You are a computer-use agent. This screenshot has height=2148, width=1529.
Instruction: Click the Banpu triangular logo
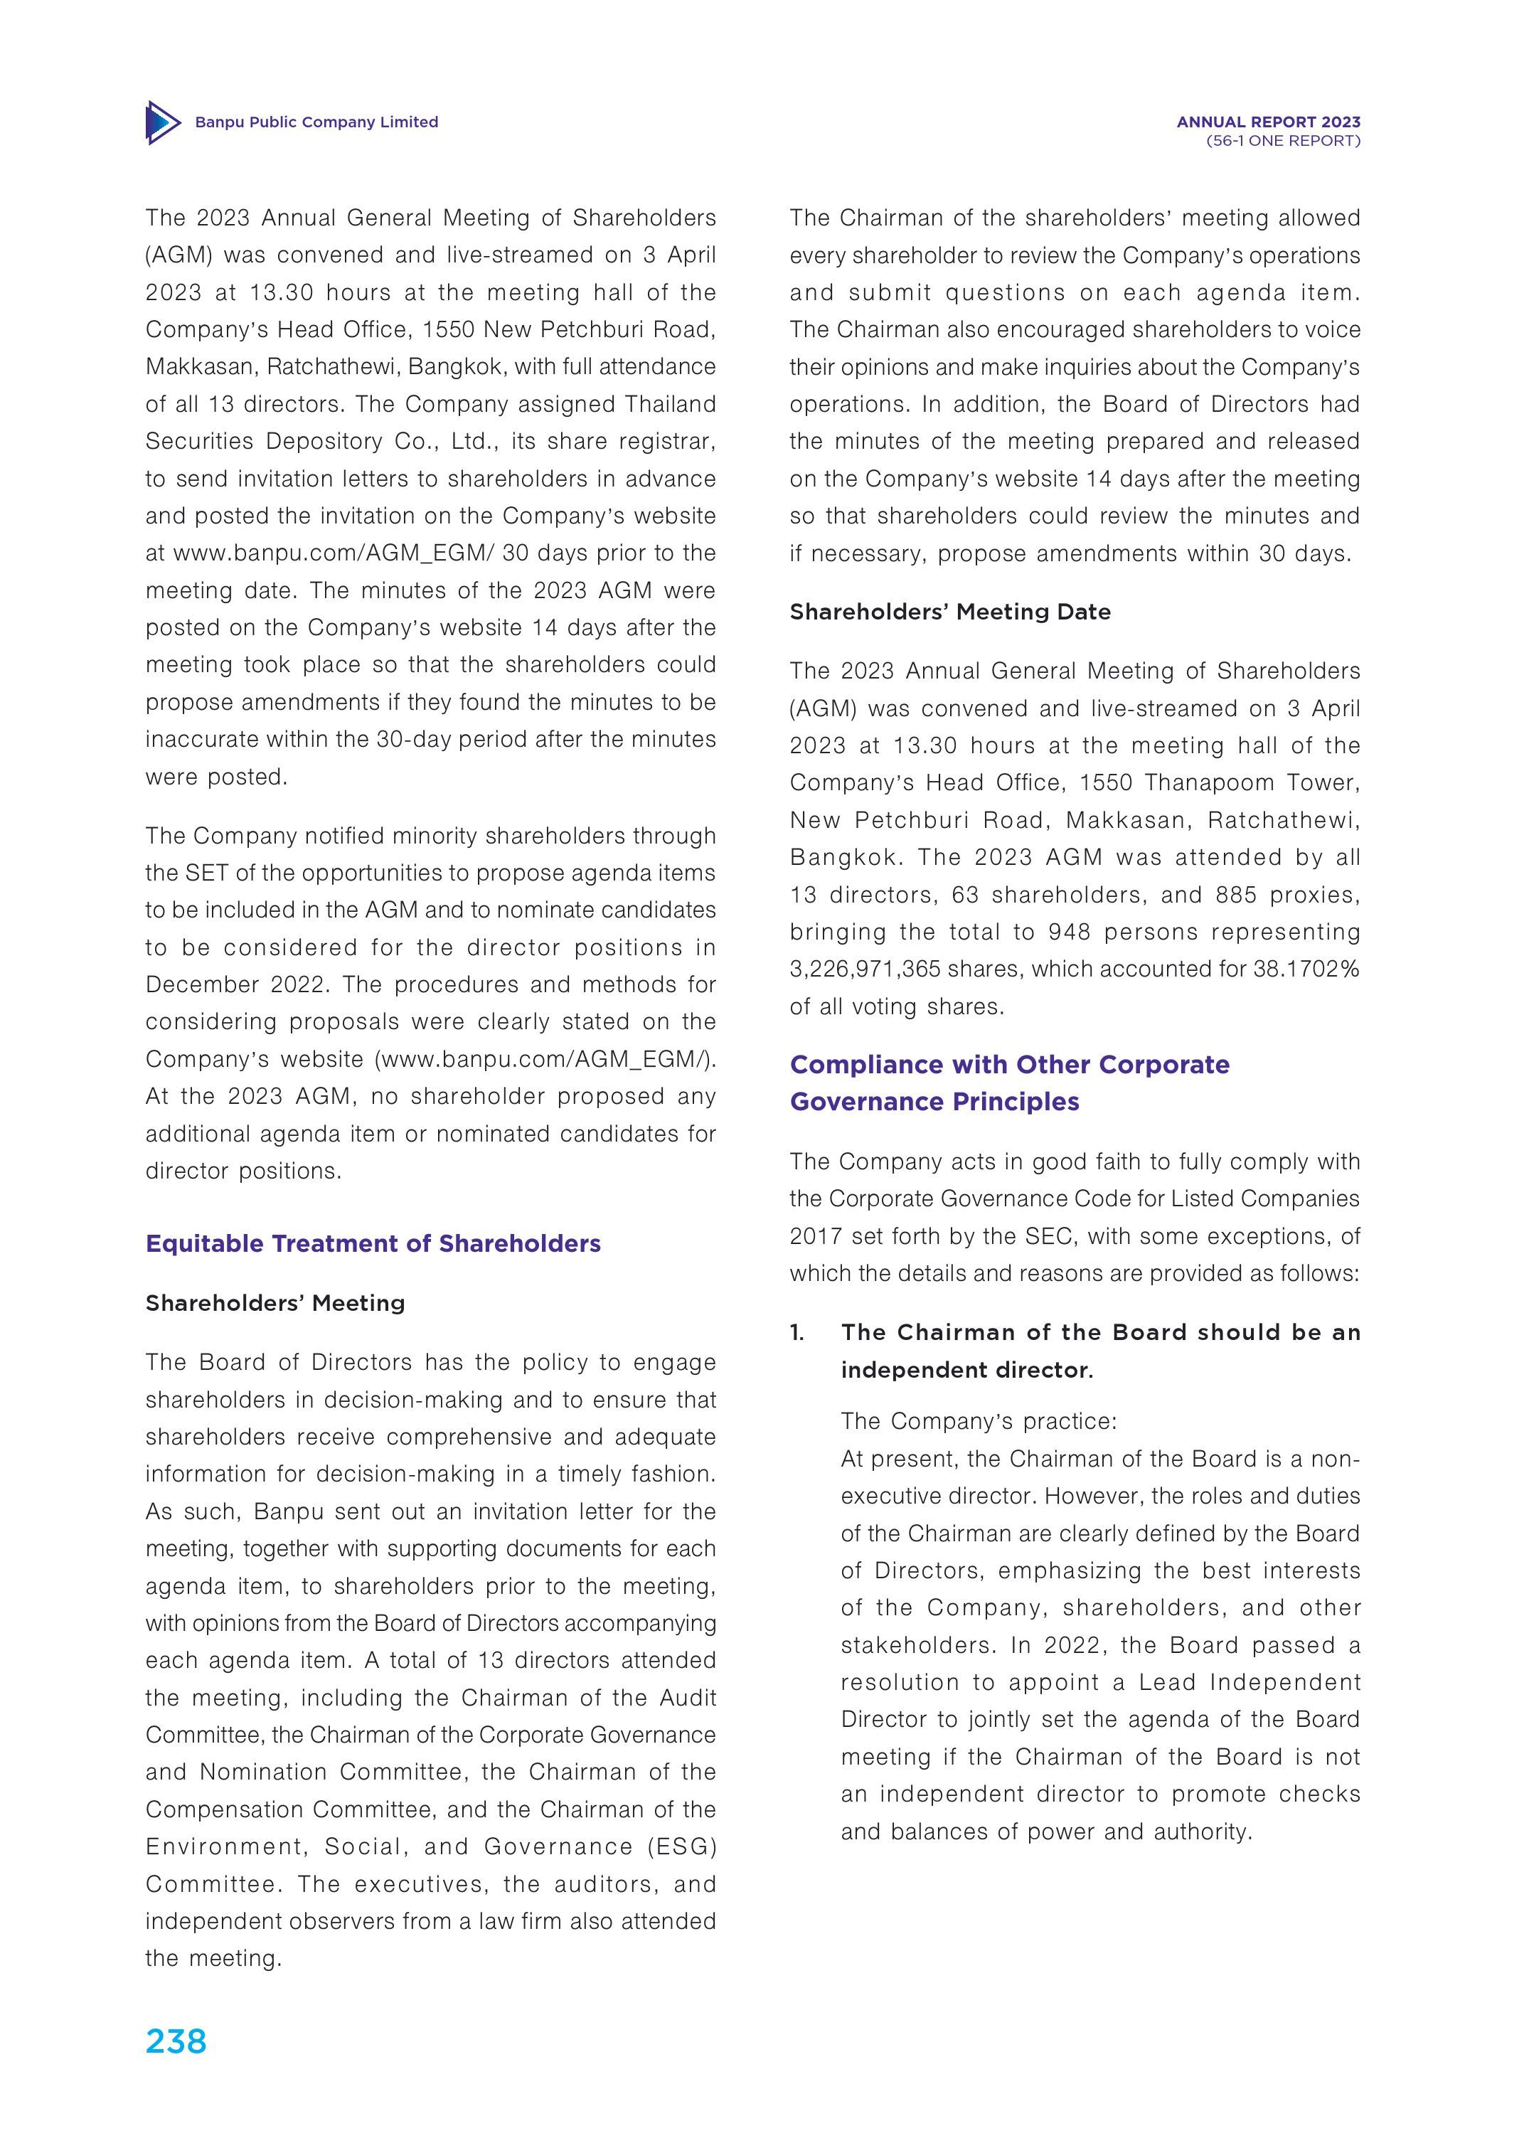162,122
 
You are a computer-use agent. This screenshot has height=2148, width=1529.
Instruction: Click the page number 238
176,2041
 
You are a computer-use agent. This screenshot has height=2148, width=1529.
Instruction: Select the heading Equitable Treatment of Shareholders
373,1244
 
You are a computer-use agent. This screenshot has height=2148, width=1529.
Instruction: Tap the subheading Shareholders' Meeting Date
950,612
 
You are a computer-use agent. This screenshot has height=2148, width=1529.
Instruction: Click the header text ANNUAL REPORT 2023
1268,122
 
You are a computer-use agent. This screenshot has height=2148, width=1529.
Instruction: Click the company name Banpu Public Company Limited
316,122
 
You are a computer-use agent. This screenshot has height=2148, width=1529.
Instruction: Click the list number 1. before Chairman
797,1332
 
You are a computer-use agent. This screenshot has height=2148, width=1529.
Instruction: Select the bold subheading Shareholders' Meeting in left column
275,1303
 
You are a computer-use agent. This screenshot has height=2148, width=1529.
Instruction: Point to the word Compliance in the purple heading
866,1065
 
